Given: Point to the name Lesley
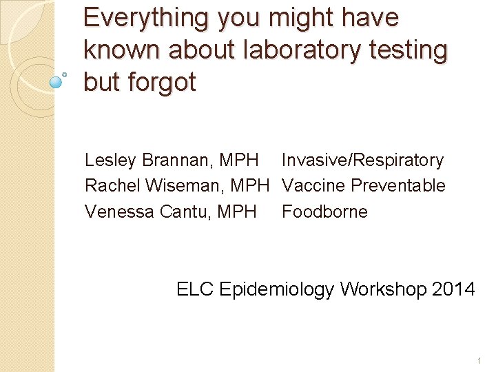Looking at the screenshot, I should click(111, 161).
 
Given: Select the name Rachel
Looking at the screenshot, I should click(109, 186).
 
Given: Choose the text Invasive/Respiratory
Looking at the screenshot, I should click(362, 161).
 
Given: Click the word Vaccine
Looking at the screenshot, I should click(313, 186).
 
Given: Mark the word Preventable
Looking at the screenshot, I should click(398, 186).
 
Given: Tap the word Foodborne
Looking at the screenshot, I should click(324, 211).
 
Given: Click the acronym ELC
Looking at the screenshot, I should click(195, 289).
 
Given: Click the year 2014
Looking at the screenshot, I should click(454, 289).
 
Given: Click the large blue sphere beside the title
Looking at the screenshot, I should click(56, 83).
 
